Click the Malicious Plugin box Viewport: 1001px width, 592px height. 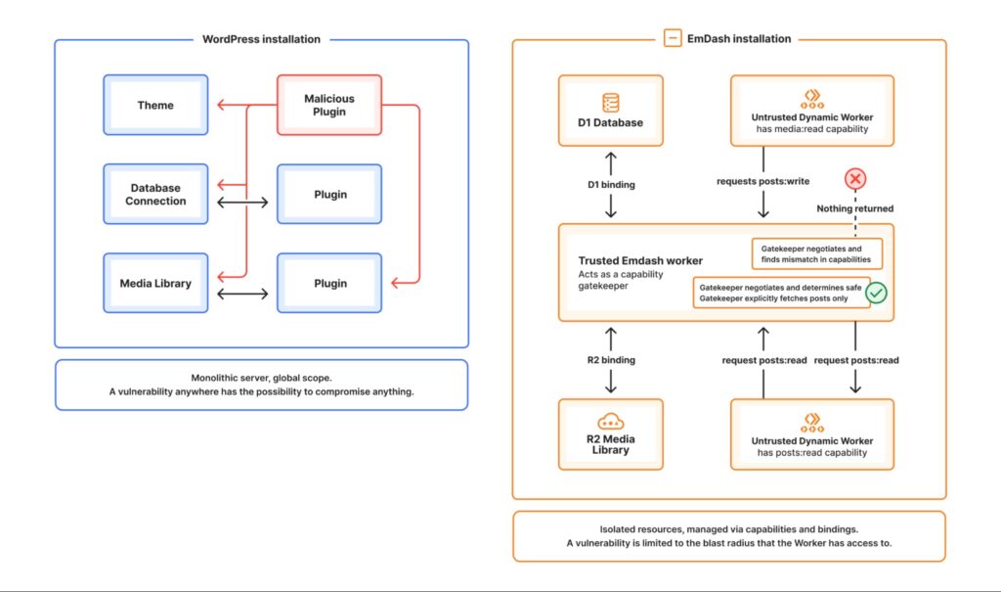[x=329, y=105]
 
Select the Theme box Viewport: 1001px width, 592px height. [x=155, y=105]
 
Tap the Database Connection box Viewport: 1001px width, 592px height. [x=155, y=194]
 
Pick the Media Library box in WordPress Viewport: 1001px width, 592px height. [x=155, y=284]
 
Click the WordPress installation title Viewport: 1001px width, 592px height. [x=261, y=39]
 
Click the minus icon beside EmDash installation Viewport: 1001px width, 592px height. [x=673, y=39]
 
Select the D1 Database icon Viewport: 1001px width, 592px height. [x=611, y=102]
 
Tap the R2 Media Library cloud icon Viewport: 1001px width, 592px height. [x=611, y=423]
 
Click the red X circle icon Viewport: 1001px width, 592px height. [x=855, y=179]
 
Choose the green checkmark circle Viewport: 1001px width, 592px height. [x=876, y=292]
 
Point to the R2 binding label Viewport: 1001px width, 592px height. [x=611, y=360]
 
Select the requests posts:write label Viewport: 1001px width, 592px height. [x=762, y=180]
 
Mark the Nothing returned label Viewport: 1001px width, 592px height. [x=855, y=208]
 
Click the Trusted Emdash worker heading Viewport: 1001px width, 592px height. [x=640, y=261]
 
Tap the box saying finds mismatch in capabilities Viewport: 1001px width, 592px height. [x=816, y=254]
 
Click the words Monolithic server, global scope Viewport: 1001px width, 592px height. [x=261, y=378]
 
